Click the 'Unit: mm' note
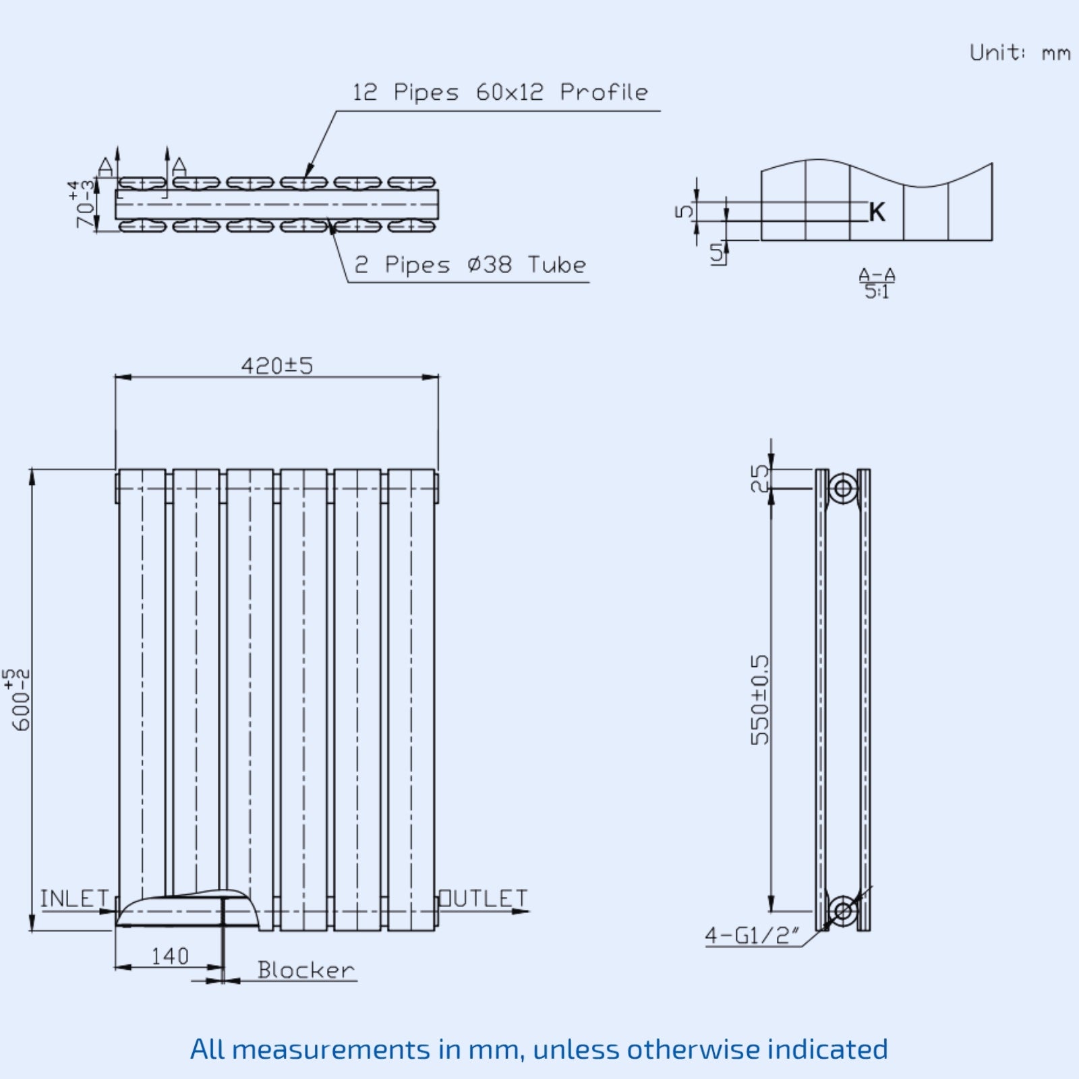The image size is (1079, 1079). (x=1019, y=53)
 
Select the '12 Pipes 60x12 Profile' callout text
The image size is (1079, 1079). (x=500, y=92)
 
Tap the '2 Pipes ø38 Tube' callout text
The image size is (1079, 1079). (x=470, y=265)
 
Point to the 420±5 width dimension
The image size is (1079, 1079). (x=277, y=366)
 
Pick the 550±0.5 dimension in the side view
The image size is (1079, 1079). (x=760, y=699)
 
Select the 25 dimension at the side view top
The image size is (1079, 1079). (x=760, y=479)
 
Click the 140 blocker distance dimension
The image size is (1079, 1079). (x=169, y=956)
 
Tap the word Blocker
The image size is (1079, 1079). (x=305, y=970)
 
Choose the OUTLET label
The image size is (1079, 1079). (x=484, y=899)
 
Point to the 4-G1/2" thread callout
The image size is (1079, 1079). (x=752, y=935)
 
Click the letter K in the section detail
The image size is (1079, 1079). (x=877, y=212)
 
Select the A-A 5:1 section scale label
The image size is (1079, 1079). (x=877, y=283)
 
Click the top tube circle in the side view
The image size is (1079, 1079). (x=842, y=488)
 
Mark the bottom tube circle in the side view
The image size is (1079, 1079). (x=842, y=911)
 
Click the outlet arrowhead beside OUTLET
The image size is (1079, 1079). (x=521, y=912)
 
